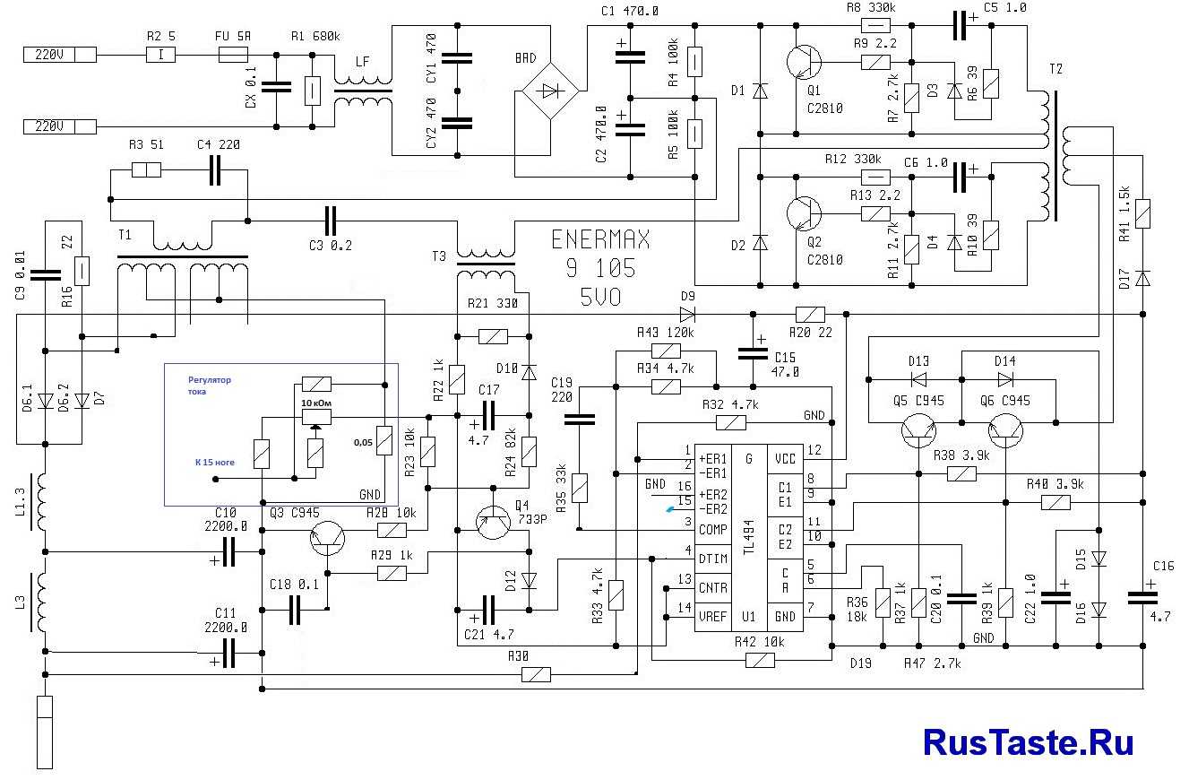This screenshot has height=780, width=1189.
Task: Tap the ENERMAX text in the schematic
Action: pos(600,240)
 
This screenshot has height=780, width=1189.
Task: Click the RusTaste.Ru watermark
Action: pos(1028,742)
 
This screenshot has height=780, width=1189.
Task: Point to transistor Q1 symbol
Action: pos(803,63)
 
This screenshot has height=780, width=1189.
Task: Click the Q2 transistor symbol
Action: pos(803,214)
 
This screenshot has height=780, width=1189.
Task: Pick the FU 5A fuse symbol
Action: pos(234,56)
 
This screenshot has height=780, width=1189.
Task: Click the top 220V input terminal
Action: pos(59,55)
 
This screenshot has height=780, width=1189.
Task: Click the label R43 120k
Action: pos(666,333)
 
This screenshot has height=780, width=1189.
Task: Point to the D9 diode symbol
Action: pos(687,315)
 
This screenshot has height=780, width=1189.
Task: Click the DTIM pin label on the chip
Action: pos(713,559)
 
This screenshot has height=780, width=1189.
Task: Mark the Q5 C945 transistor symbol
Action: pos(919,430)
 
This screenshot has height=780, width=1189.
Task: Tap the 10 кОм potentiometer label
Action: pos(314,404)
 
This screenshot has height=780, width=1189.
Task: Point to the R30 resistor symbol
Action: pos(536,674)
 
